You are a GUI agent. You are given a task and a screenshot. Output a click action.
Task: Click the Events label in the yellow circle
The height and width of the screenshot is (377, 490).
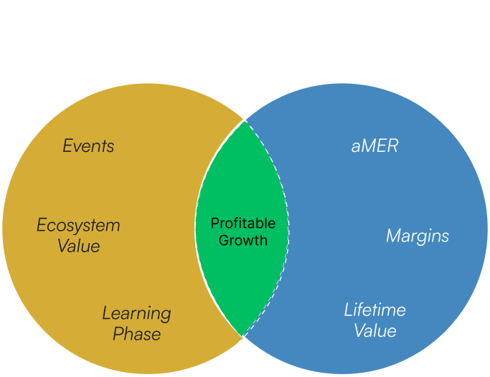pos(88,146)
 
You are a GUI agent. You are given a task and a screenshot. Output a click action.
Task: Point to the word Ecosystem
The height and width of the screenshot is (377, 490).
pos(78,226)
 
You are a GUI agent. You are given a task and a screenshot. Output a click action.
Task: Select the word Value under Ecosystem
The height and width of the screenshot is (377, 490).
pos(78,247)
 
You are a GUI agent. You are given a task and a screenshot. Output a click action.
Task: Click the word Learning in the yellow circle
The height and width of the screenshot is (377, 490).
pos(136,313)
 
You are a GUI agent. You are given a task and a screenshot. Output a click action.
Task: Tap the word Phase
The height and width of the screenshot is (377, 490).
pos(136,334)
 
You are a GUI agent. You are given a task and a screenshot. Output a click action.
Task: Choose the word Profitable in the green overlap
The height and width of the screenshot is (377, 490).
pos(242,224)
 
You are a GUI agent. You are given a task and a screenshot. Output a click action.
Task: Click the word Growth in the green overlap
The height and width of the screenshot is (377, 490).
pos(242,241)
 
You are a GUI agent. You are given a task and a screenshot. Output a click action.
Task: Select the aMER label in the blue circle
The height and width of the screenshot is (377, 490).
pos(374,146)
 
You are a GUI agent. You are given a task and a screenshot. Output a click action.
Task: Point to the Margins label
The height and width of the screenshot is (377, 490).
pos(418,236)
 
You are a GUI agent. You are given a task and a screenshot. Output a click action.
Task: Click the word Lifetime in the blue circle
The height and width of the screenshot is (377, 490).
pos(374,310)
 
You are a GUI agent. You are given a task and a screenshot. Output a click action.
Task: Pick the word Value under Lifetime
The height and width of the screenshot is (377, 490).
pos(374,331)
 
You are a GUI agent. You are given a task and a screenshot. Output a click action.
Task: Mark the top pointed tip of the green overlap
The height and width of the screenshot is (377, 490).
pos(245,120)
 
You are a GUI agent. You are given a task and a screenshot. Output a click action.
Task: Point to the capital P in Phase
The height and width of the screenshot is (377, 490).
pos(118,334)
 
